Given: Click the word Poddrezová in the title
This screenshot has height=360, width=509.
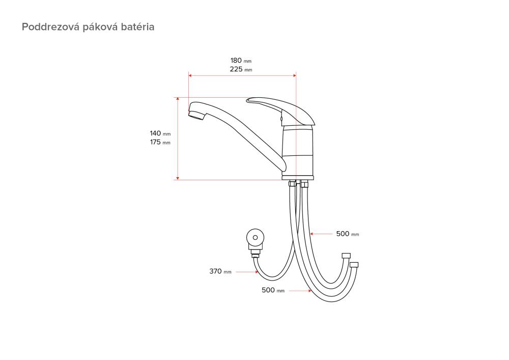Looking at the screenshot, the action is point(50,26).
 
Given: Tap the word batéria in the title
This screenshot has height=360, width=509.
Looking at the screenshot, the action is point(137,26).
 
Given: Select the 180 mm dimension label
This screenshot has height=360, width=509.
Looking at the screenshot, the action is point(241,61).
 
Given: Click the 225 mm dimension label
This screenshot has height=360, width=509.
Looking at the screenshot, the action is point(241,69).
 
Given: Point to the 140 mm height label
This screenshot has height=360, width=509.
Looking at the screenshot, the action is point(160,133).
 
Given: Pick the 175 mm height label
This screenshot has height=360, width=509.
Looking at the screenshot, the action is point(160,142).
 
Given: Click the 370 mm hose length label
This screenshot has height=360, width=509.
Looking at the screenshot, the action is point(220,271).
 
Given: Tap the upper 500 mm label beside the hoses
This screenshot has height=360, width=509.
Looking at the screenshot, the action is point(348,234).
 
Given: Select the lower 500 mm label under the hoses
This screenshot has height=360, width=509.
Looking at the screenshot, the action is point(273,290).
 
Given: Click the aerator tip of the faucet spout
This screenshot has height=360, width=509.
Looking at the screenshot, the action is point(196,115).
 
